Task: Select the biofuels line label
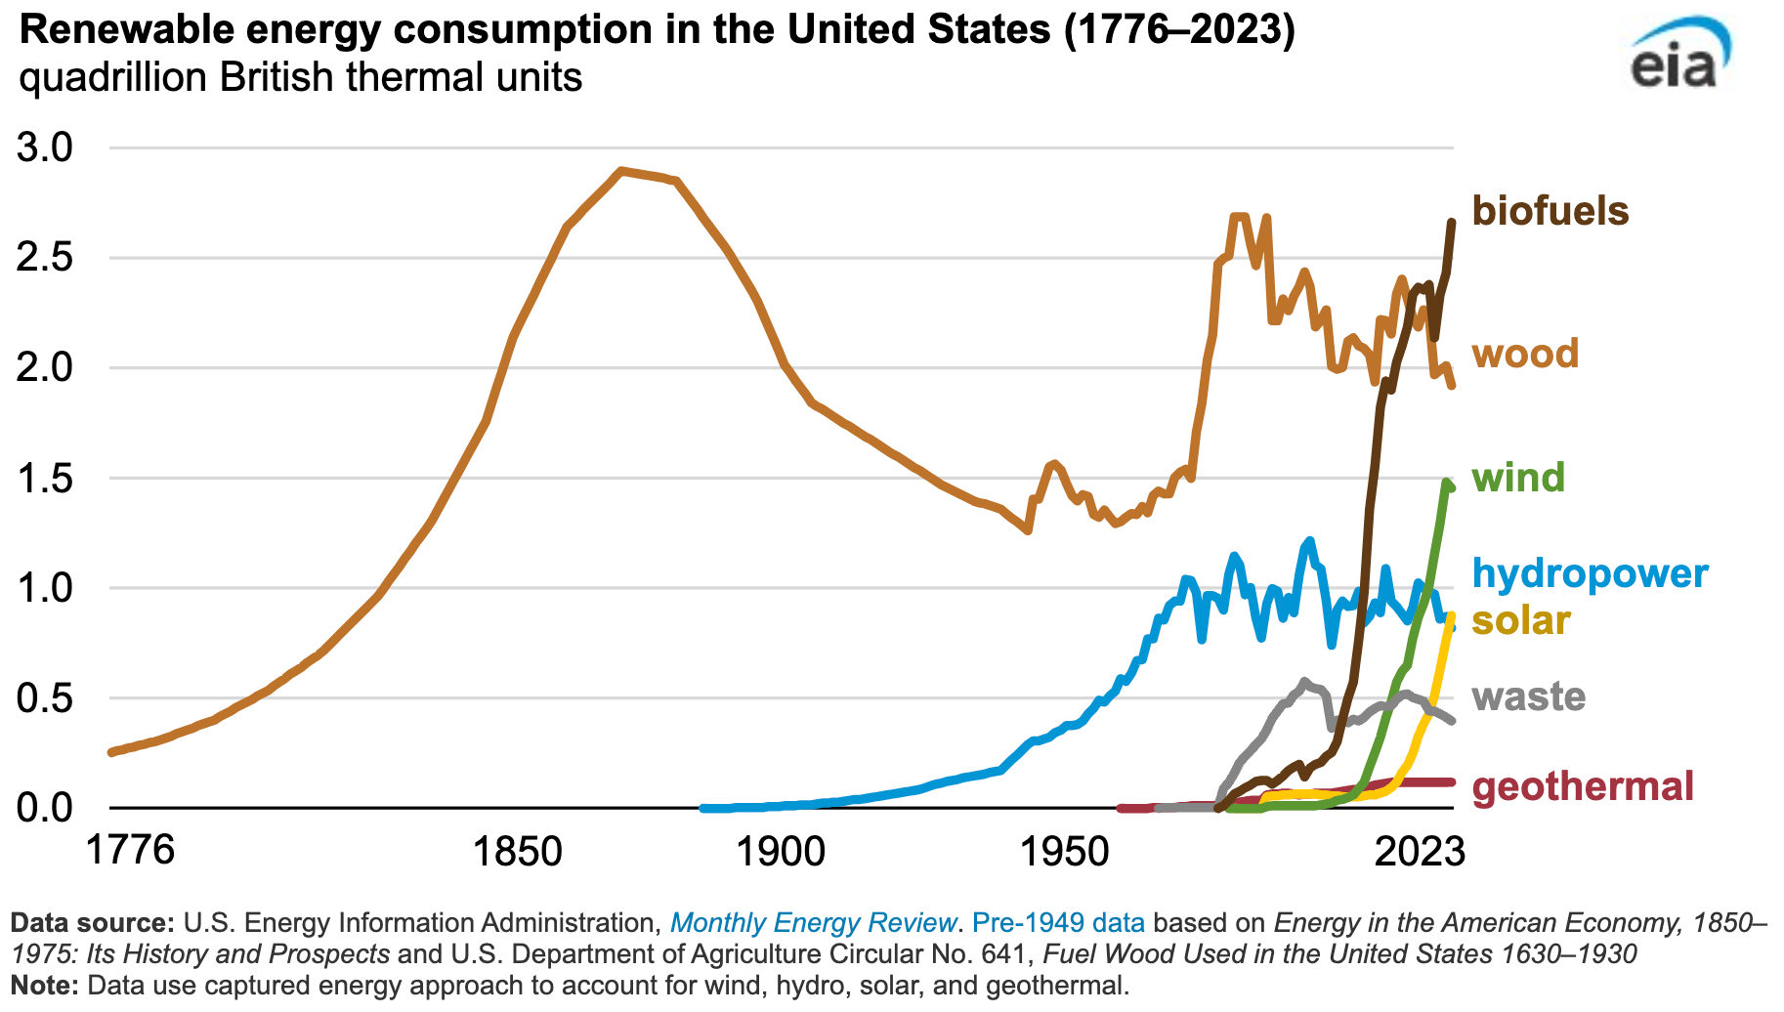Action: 1550,211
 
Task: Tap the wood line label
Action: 1524,354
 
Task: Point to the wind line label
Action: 1517,478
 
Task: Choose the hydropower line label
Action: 1590,573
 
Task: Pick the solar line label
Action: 1520,620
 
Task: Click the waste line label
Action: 1528,696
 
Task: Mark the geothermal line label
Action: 1582,786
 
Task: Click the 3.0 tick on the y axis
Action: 46,148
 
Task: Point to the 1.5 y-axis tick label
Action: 46,479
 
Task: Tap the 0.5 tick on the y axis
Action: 46,698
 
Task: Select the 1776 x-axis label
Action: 130,851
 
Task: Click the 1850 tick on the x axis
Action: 518,851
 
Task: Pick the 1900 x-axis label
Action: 781,851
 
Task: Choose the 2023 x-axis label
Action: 1419,851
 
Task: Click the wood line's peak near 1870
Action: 621,171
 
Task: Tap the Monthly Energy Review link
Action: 813,923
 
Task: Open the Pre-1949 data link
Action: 1058,923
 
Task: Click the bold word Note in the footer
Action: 42,986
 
